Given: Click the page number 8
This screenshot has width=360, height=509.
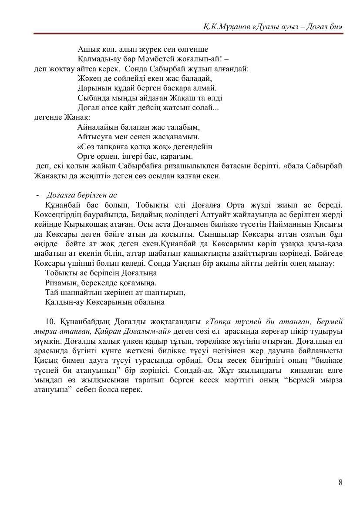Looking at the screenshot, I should click(340, 482).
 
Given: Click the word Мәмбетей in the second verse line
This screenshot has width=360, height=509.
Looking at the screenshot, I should click(161, 59).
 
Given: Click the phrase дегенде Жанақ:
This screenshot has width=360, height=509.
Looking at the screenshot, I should click(62, 117).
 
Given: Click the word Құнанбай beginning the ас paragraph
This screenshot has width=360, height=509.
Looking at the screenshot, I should click(61, 204).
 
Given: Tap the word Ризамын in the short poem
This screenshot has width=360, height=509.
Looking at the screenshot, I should click(60, 283).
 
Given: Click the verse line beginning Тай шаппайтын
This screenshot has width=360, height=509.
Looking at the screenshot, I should click(115, 292).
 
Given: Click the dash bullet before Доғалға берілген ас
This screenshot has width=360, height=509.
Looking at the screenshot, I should click(37, 195).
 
